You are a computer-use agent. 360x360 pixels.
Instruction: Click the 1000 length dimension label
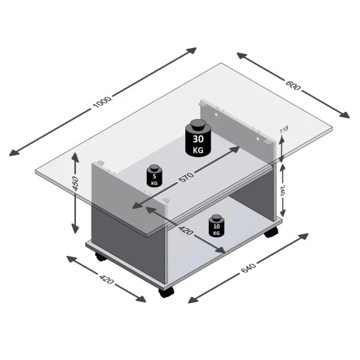coord(102,102)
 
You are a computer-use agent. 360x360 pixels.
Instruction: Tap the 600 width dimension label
coord(293,85)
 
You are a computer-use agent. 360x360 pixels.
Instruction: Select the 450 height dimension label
coord(75,184)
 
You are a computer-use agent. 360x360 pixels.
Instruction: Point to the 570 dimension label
coord(186,177)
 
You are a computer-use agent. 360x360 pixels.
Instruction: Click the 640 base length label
coord(248,268)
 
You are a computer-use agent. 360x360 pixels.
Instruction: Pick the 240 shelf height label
coord(282,190)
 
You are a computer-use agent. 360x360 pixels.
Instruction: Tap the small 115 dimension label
coord(284,130)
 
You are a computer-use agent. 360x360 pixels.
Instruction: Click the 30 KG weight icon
coord(198,138)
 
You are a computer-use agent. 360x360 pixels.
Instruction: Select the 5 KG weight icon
coord(154,175)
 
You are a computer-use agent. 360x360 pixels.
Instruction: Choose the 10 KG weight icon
coord(216,225)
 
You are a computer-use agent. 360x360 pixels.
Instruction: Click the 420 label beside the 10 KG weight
coord(185,230)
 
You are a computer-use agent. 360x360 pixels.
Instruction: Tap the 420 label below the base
coord(106,278)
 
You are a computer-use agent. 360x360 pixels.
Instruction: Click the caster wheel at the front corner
coord(166,292)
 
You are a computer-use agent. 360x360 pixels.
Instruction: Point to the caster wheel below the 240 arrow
coord(271,232)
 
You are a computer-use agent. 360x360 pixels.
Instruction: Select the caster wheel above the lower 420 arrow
coord(101,257)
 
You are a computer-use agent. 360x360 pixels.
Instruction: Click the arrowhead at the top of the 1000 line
coord(191,50)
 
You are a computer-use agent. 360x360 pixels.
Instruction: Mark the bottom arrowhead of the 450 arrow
coord(75,228)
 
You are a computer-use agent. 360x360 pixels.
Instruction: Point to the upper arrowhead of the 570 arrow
coord(234,149)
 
